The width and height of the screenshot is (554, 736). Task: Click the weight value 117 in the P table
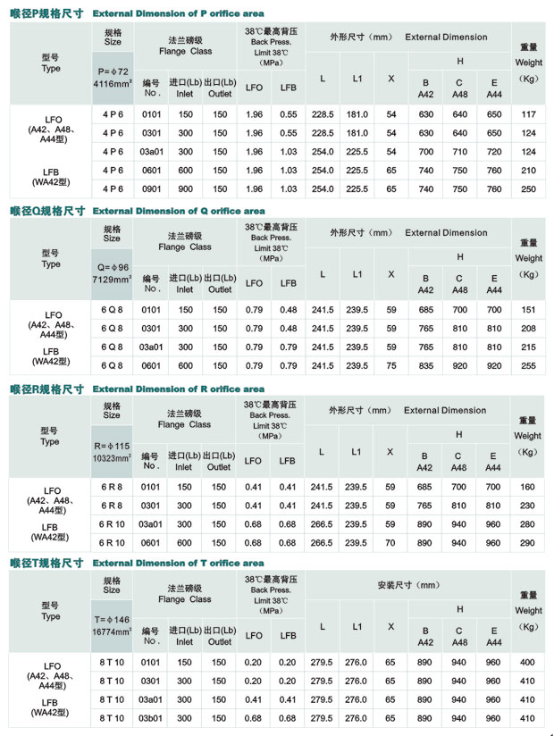528,114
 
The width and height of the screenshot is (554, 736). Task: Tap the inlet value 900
185,189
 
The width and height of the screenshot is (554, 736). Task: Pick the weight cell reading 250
528,189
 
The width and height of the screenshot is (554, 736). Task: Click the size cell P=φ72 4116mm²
112,76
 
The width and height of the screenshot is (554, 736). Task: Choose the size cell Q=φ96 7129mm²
112,272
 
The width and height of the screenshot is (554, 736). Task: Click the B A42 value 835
425,365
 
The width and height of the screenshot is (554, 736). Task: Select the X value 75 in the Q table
390,365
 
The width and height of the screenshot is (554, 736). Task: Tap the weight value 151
528,310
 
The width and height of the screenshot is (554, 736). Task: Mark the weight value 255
528,365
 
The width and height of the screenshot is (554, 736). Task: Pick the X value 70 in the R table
390,543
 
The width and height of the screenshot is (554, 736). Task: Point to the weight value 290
528,543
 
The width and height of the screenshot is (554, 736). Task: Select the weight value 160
528,488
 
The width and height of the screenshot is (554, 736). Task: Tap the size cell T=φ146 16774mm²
112,624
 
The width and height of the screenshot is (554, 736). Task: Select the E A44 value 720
494,152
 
